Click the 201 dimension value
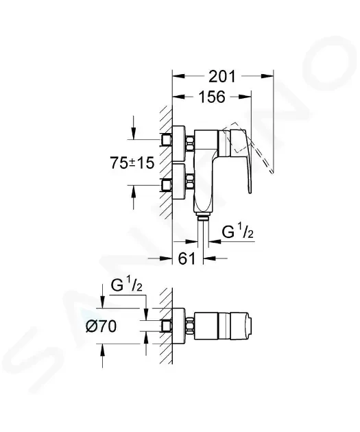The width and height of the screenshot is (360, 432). coord(222,76)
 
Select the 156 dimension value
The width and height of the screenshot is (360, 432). coord(212,97)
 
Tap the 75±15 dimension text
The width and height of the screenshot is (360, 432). coord(132,163)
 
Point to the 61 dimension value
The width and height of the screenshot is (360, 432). coord(187,259)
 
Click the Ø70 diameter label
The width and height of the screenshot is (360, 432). coord(101,326)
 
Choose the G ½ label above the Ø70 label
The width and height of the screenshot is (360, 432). coord(126,285)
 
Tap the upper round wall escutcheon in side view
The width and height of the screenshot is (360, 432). coord(178,143)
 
